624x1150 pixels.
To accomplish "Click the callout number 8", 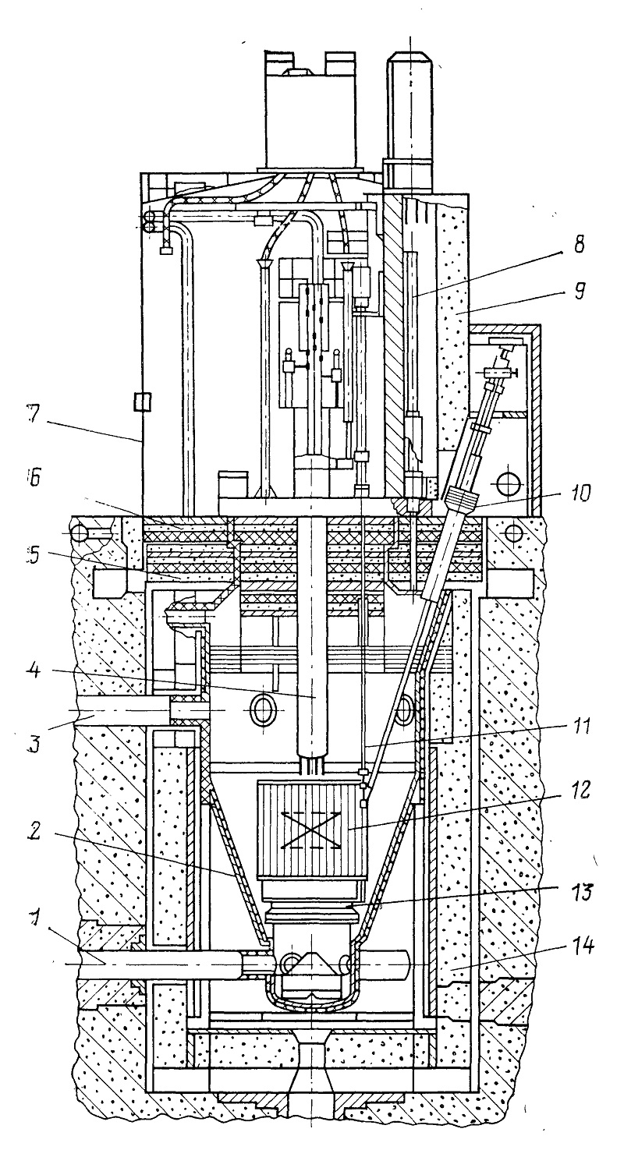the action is tap(579, 245).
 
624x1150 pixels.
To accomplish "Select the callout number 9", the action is tap(580, 295).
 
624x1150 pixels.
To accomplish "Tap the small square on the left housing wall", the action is tap(143, 402).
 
